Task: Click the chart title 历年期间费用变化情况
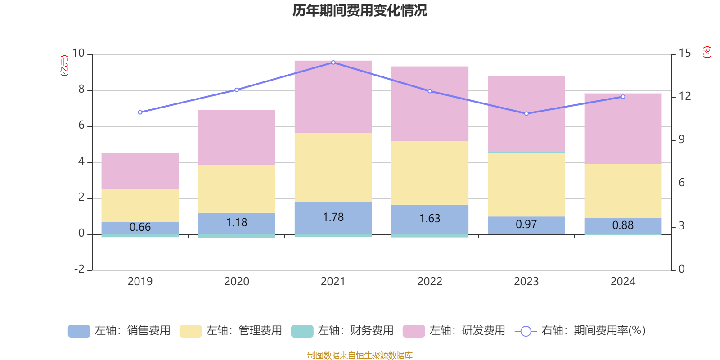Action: (x=360, y=10)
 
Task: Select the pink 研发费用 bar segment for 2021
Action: (x=333, y=97)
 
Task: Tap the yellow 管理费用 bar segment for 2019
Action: (x=140, y=205)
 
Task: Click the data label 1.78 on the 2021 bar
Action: (x=333, y=217)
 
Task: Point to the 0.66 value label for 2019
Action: (x=140, y=227)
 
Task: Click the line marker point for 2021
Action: (x=333, y=63)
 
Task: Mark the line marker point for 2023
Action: (x=526, y=113)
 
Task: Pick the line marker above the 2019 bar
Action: (x=140, y=112)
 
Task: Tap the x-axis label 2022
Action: (x=429, y=282)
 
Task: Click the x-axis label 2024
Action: (x=623, y=282)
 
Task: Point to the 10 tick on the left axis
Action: (x=78, y=54)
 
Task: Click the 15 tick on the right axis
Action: (x=684, y=54)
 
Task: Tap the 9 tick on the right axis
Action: (x=681, y=139)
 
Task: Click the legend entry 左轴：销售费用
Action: (x=119, y=331)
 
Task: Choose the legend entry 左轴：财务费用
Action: (x=342, y=331)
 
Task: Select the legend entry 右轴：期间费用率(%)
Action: (x=580, y=331)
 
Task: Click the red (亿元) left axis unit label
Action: (x=64, y=66)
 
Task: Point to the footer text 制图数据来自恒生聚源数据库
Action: (x=360, y=355)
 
